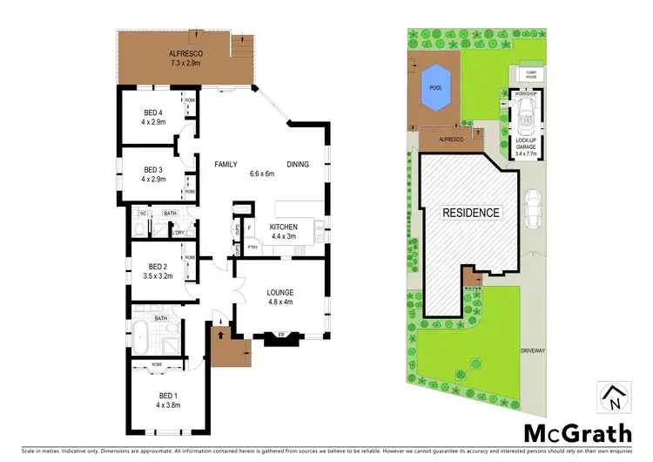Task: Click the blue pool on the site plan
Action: coord(433,87)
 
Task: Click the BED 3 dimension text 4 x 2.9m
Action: coord(153,180)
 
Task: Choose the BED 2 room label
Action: coord(158,267)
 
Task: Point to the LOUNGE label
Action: coord(279,292)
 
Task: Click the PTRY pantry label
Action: coord(252,247)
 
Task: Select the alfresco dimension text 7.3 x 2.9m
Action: coord(185,64)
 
